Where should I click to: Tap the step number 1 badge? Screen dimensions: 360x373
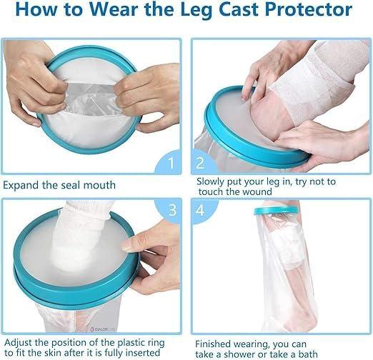pyautogui.click(x=170, y=163)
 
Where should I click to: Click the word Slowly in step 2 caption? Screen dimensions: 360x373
pyautogui.click(x=213, y=181)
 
